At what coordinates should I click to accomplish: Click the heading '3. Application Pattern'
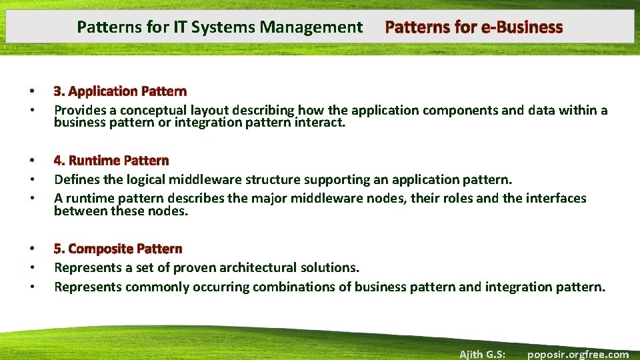click(x=120, y=91)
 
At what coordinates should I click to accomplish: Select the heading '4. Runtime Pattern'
click(x=111, y=161)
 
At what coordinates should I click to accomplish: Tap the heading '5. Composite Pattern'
click(x=118, y=249)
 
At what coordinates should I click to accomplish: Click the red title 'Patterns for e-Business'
click(x=474, y=27)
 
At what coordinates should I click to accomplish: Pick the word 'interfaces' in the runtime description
click(x=557, y=198)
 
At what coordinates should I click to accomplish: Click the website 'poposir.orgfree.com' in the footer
click(x=578, y=354)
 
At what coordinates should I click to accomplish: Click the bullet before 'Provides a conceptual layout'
click(x=31, y=110)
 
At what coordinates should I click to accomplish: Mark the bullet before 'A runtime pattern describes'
click(x=31, y=198)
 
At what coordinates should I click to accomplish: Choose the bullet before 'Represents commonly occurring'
click(x=31, y=287)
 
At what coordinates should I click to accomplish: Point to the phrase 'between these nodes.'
click(x=121, y=211)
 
